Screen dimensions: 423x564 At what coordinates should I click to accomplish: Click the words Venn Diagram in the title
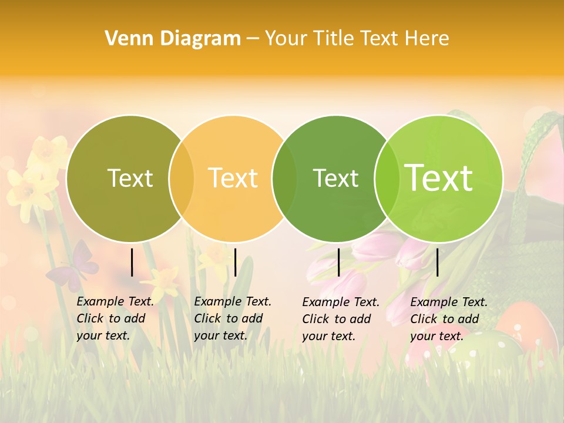pyautogui.click(x=173, y=39)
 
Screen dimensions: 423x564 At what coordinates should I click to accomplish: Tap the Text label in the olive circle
pyautogui.click(x=130, y=178)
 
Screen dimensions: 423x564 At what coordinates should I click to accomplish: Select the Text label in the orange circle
pyautogui.click(x=233, y=178)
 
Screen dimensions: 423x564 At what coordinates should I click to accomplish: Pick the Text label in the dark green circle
pyautogui.click(x=335, y=178)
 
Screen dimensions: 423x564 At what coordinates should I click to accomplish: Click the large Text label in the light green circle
pyautogui.click(x=439, y=178)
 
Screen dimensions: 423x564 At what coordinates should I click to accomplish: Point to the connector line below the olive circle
pyautogui.click(x=132, y=262)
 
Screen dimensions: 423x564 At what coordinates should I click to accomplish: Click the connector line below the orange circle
pyautogui.click(x=235, y=262)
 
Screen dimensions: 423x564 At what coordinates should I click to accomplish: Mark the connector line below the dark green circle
pyautogui.click(x=338, y=262)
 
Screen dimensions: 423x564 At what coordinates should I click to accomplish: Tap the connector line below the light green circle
pyautogui.click(x=437, y=262)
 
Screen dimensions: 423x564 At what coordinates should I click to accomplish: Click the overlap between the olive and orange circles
pyautogui.click(x=182, y=178)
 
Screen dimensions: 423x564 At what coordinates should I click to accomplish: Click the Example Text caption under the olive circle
pyautogui.click(x=115, y=318)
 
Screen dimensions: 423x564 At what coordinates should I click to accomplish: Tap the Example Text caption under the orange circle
pyautogui.click(x=232, y=318)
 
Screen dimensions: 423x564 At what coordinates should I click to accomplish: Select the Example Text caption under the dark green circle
pyautogui.click(x=340, y=319)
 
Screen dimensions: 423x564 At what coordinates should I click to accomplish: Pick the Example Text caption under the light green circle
pyautogui.click(x=448, y=319)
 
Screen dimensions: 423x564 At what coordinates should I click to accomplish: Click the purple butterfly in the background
pyautogui.click(x=74, y=264)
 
